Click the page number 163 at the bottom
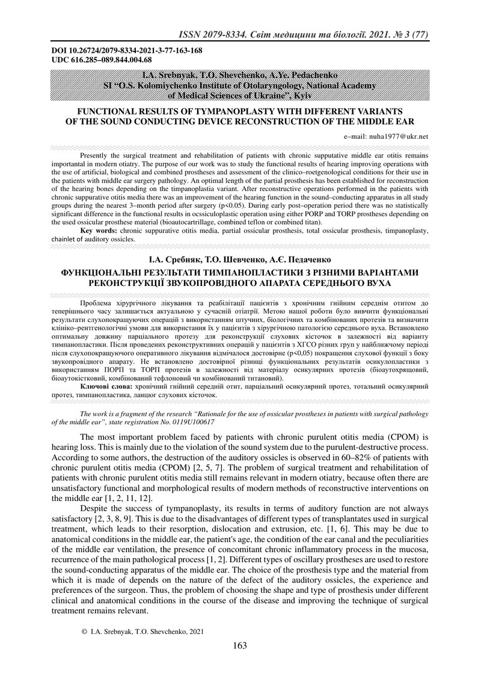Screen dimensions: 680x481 pyautogui.click(x=240, y=645)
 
